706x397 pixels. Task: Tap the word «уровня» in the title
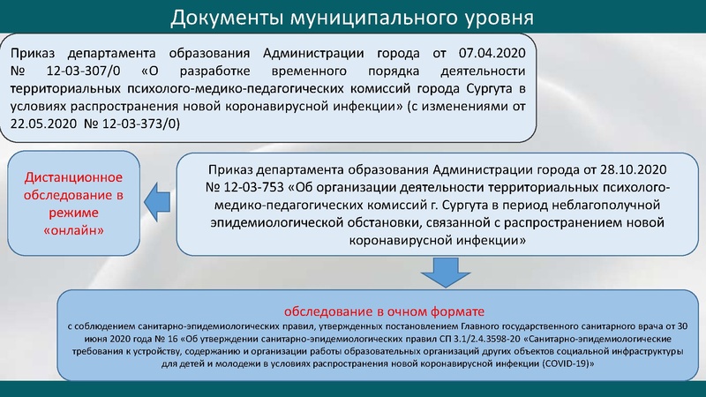point(496,19)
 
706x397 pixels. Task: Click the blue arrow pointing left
point(159,202)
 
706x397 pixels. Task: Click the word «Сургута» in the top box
point(489,90)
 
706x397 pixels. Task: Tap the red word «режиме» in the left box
point(72,213)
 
